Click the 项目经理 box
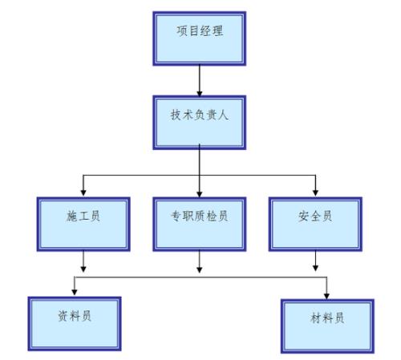click(x=198, y=35)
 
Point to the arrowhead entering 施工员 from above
click(x=83, y=192)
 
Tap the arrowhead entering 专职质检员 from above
click(x=199, y=192)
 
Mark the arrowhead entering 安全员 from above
click(x=314, y=192)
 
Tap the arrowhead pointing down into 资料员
click(x=75, y=290)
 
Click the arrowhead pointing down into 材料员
click(x=326, y=294)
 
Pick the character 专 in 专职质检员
click(x=176, y=217)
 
